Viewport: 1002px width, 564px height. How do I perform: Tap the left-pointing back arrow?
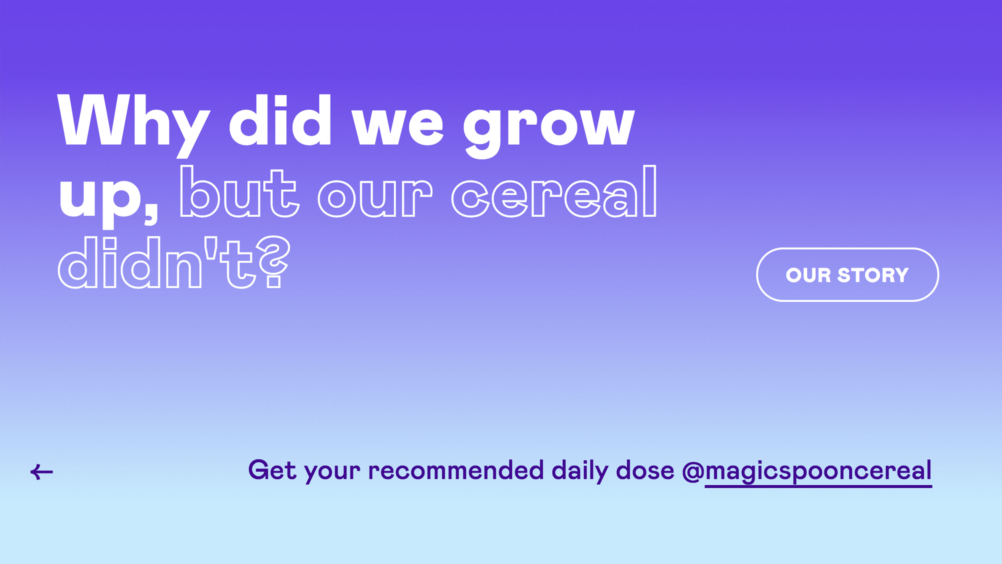click(42, 472)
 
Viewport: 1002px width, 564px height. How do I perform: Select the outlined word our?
click(375, 198)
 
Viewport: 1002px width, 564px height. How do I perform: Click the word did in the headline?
click(280, 120)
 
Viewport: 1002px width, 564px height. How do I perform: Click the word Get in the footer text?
click(272, 470)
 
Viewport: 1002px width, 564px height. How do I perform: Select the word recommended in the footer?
click(456, 470)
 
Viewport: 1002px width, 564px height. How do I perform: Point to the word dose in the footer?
click(645, 470)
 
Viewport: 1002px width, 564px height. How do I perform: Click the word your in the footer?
click(333, 473)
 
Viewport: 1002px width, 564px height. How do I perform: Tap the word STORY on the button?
click(873, 275)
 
